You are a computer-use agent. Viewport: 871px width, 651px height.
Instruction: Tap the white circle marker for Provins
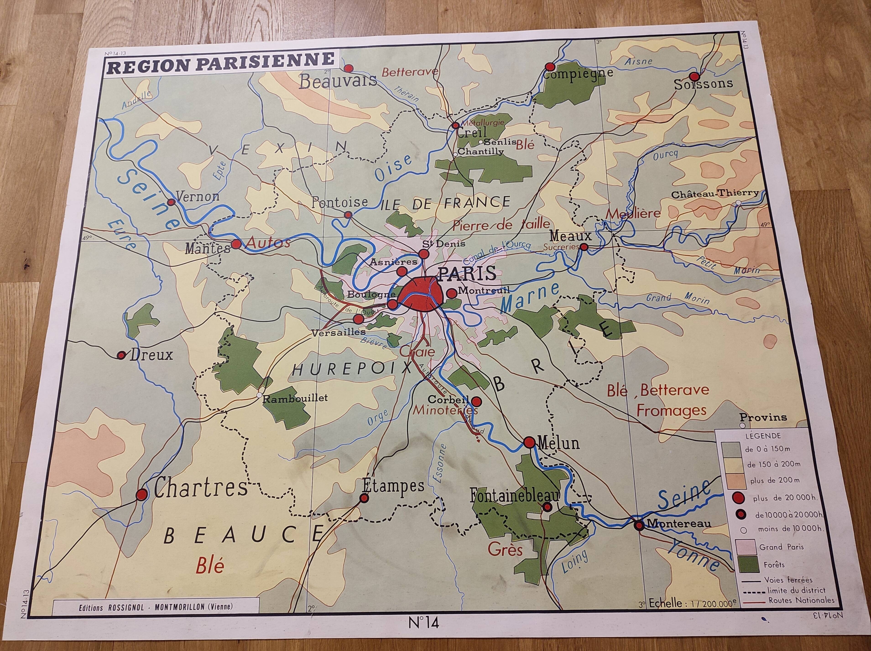point(742,426)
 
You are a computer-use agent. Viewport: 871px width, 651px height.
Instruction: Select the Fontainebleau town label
point(514,496)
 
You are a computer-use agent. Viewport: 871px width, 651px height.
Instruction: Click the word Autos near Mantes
point(268,243)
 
